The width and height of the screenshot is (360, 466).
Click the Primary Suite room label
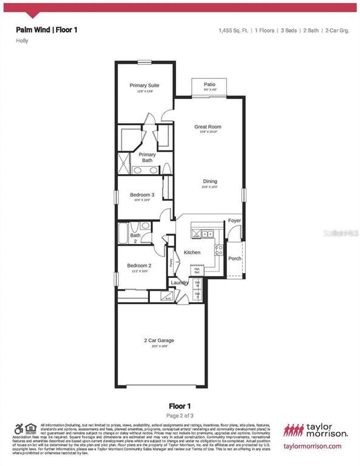[144, 86]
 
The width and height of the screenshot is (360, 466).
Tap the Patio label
[209, 84]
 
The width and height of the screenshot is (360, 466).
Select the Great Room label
[208, 127]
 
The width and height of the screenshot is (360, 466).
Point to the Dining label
[209, 181]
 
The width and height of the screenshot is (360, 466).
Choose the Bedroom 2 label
[139, 266]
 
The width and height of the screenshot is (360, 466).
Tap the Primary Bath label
[148, 158]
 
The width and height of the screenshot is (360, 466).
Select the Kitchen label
[192, 252]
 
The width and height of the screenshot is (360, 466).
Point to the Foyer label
[235, 221]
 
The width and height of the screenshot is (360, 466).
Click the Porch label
[234, 258]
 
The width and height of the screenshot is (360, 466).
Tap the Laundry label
[179, 283]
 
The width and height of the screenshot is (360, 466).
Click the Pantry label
[172, 263]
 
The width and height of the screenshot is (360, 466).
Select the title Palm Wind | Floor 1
[47, 29]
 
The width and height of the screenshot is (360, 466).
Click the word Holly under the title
[22, 41]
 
